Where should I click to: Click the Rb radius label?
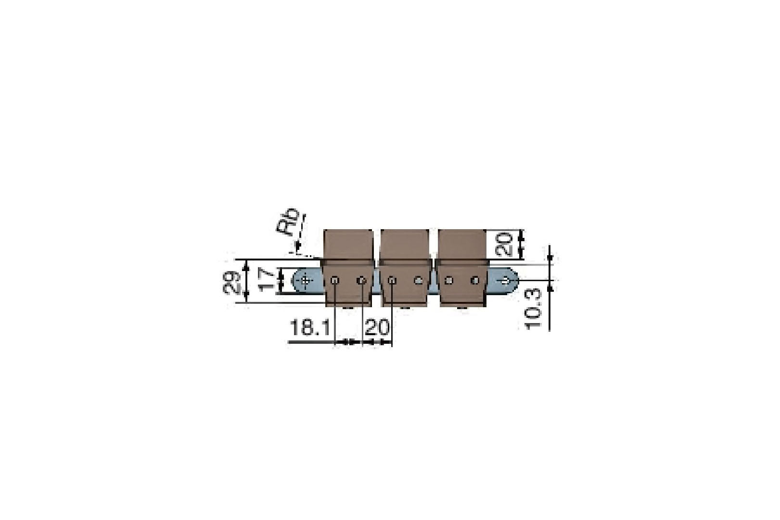coord(288,222)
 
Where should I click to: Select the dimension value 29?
coord(232,283)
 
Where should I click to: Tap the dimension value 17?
coord(267,280)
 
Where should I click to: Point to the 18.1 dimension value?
coord(309,328)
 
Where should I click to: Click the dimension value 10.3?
coord(533,309)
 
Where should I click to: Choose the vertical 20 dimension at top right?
coord(503,244)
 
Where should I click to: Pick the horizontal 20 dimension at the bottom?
coord(377,328)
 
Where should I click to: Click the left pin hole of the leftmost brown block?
coord(335,280)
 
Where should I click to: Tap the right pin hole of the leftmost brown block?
coord(362,280)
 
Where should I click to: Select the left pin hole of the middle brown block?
coord(392,280)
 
